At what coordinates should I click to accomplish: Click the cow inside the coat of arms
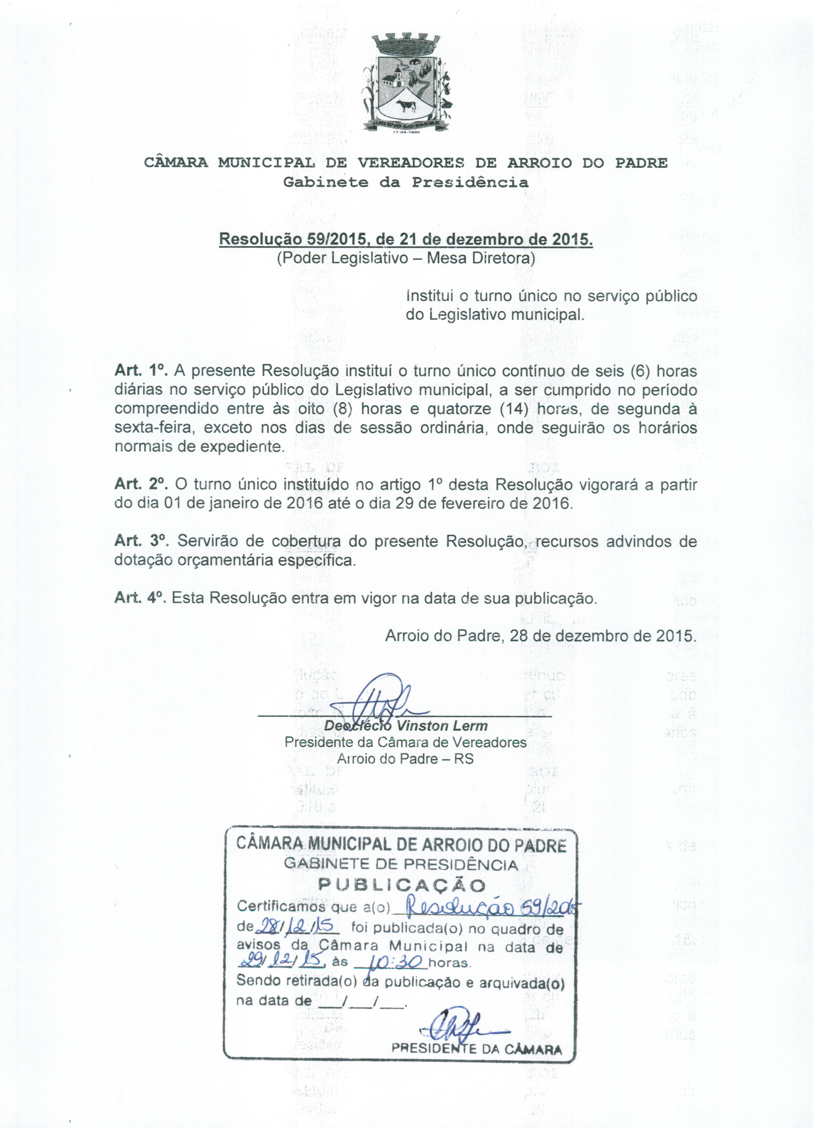click(406, 105)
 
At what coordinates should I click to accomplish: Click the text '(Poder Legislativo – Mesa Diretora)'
click(406, 259)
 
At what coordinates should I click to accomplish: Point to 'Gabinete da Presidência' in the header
click(406, 182)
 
